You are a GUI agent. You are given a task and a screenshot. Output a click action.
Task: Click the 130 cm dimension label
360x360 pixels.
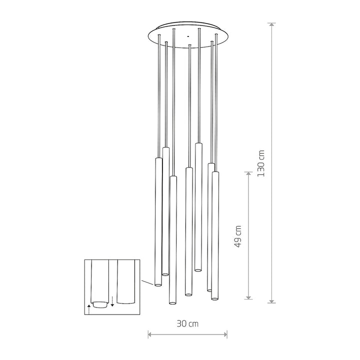click(261, 163)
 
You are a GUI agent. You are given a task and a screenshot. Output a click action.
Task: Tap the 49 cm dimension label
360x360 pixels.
click(238, 236)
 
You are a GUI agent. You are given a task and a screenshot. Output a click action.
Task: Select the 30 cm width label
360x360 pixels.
click(187, 323)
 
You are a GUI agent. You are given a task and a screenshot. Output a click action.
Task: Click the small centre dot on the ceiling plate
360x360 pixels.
click(188, 36)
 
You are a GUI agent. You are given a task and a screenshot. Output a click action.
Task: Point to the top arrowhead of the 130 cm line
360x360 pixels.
click(272, 25)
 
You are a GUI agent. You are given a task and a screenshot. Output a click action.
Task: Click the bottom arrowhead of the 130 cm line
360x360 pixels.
click(272, 301)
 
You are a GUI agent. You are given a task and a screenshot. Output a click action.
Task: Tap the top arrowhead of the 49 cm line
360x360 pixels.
click(248, 174)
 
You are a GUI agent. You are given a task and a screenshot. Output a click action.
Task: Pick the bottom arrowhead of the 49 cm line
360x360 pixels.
click(248, 297)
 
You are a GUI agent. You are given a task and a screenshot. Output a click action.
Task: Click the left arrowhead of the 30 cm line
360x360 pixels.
click(150, 334)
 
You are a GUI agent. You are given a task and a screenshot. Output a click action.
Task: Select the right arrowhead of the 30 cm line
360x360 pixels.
click(225, 334)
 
